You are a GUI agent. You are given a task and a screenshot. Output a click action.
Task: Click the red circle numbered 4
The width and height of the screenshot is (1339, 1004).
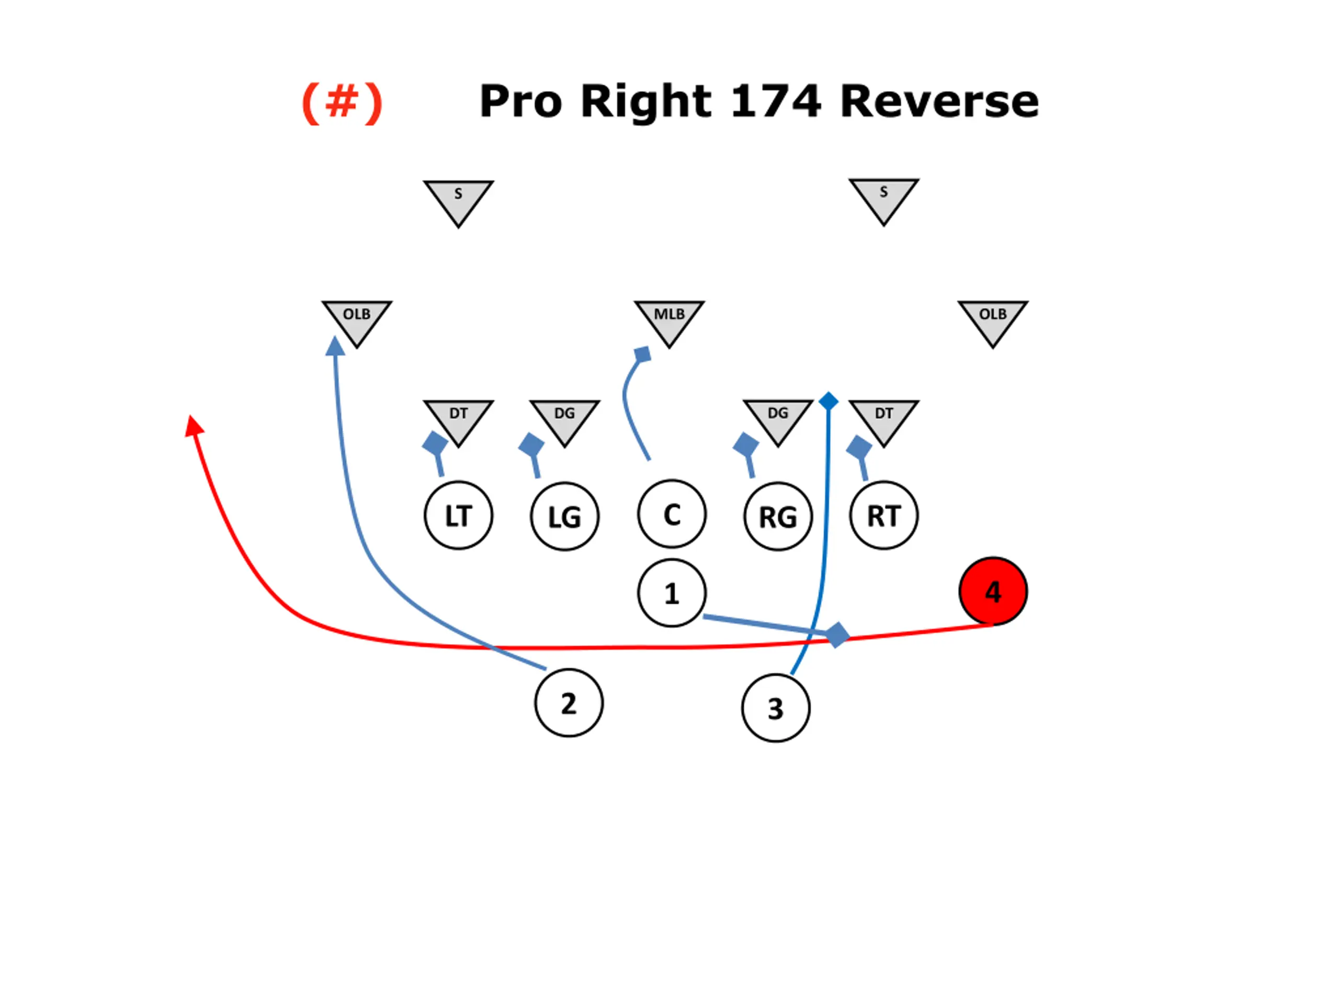point(993,591)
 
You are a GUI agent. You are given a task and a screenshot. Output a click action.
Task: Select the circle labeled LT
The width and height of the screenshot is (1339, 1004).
point(458,516)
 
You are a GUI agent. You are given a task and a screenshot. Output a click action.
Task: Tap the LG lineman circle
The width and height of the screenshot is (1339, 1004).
point(565,516)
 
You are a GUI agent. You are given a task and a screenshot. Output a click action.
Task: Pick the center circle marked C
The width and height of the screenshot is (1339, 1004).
point(671,514)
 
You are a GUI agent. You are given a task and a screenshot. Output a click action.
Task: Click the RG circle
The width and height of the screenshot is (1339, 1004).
point(778,516)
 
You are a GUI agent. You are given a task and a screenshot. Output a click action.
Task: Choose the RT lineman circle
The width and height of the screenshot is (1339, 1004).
point(884,515)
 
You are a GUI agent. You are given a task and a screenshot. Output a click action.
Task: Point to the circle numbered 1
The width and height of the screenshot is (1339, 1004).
point(671,592)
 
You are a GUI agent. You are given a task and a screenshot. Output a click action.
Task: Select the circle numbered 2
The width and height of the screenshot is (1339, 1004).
point(569,703)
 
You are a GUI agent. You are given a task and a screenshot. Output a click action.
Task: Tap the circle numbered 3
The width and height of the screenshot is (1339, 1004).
point(776,708)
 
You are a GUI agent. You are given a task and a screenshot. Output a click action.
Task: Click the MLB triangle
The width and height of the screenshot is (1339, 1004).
point(669,319)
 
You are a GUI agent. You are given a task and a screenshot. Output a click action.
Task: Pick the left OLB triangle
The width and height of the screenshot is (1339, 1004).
point(357,319)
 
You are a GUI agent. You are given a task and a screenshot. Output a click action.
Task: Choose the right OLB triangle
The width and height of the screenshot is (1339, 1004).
point(993,319)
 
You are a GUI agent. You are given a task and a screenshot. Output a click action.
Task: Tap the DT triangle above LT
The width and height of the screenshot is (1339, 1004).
point(458,418)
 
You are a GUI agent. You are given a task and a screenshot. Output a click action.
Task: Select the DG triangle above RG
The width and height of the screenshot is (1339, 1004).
point(778,418)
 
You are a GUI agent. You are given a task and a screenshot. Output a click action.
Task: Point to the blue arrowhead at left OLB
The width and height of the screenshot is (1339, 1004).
point(335,346)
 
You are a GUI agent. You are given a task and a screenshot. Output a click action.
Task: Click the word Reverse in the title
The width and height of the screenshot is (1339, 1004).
point(939,101)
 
